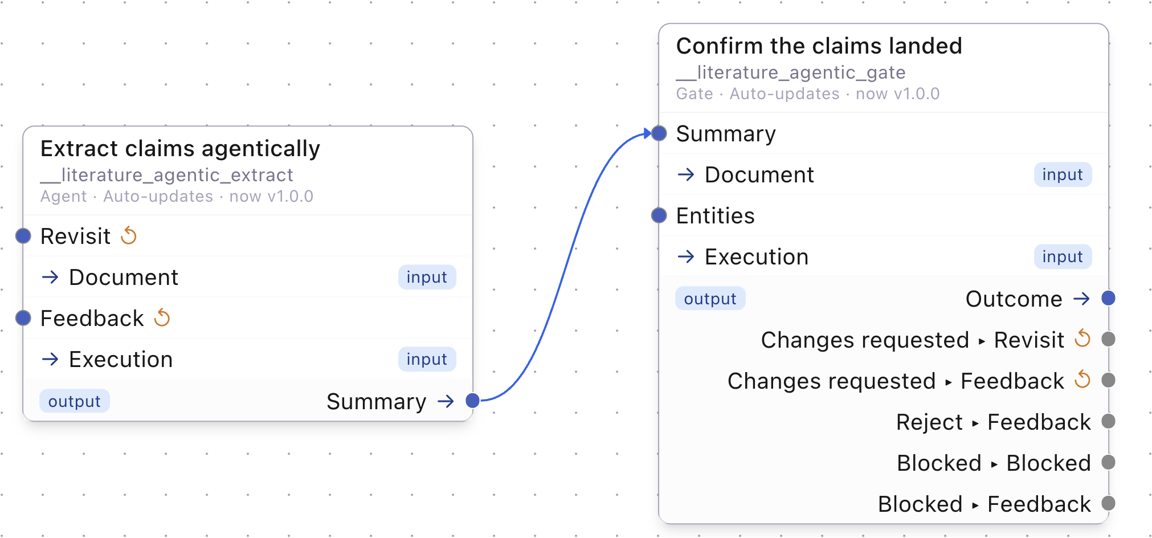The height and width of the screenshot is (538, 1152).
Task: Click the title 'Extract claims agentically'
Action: (x=180, y=149)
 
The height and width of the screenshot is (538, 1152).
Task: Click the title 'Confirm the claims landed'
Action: (x=819, y=46)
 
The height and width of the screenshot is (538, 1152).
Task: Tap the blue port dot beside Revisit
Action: (x=23, y=236)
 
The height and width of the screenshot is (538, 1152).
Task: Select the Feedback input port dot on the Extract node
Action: (x=23, y=318)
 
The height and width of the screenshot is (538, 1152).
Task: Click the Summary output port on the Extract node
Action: (x=472, y=401)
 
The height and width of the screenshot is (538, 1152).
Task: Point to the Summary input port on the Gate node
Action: (x=659, y=133)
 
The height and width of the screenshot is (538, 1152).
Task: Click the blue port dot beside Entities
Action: (x=659, y=215)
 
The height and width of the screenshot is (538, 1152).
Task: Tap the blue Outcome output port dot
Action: (x=1108, y=298)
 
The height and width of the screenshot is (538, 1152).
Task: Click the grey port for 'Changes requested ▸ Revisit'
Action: (x=1108, y=339)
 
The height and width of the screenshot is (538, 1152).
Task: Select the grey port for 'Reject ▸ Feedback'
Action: (x=1108, y=421)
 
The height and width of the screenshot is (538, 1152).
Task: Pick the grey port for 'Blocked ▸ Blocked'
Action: (x=1108, y=462)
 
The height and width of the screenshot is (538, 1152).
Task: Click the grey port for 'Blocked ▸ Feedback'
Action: (x=1108, y=503)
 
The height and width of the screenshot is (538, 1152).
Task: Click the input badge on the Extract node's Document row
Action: (x=427, y=278)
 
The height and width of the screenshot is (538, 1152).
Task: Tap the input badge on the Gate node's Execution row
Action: (x=1063, y=257)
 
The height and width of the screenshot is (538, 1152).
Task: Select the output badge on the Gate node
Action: (x=710, y=299)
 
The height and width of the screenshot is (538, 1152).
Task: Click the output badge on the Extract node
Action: (x=74, y=401)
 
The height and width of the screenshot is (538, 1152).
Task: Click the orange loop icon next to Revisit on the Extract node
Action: (x=129, y=235)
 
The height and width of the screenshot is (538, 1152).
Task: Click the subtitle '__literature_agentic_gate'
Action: (x=791, y=72)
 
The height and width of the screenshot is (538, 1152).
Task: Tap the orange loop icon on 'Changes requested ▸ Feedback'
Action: (x=1082, y=380)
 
